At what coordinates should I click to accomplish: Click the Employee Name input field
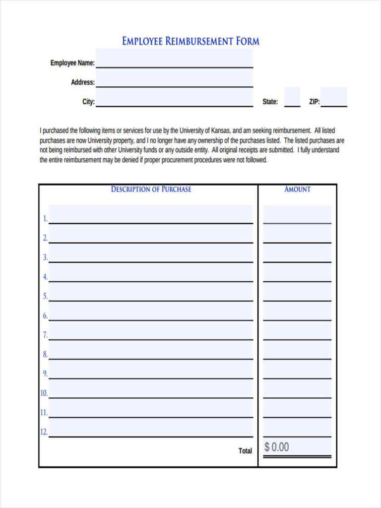pyautogui.click(x=174, y=59)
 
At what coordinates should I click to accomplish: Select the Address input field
pyautogui.click(x=174, y=78)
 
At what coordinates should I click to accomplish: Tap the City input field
pyautogui.click(x=174, y=98)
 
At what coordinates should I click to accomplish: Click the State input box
pyautogui.click(x=292, y=97)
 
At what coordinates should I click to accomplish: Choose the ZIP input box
pyautogui.click(x=333, y=97)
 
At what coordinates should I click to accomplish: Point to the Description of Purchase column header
pyautogui.click(x=151, y=189)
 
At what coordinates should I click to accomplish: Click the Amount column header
pyautogui.click(x=297, y=189)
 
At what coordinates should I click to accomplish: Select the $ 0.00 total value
pyautogui.click(x=276, y=447)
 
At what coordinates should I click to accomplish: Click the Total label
pyautogui.click(x=245, y=451)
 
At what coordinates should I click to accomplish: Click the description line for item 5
pyautogui.click(x=151, y=293)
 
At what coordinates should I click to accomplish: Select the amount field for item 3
pyautogui.click(x=297, y=254)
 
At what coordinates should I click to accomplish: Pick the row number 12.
pyautogui.click(x=44, y=432)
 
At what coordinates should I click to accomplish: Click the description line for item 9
pyautogui.click(x=151, y=370)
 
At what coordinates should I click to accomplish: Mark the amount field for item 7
pyautogui.click(x=297, y=331)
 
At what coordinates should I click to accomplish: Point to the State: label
pyautogui.click(x=270, y=102)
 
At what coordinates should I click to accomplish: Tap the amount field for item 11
pyautogui.click(x=297, y=409)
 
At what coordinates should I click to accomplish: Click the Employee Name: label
pyautogui.click(x=72, y=63)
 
